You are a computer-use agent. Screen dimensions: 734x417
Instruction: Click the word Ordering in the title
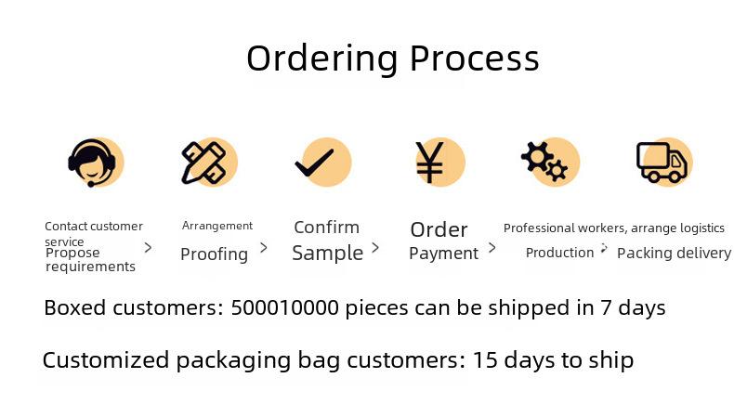pyautogui.click(x=322, y=59)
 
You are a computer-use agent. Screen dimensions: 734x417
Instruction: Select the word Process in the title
pyautogui.click(x=475, y=58)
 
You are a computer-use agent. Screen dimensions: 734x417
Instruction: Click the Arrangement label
pyautogui.click(x=217, y=226)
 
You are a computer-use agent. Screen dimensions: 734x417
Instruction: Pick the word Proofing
pyautogui.click(x=215, y=254)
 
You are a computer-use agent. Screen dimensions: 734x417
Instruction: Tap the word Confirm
pyautogui.click(x=327, y=228)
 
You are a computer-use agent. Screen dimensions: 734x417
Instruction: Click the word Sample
pyautogui.click(x=328, y=254)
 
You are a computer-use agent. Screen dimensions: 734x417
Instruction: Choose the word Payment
pyautogui.click(x=444, y=254)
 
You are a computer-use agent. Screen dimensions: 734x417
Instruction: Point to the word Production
pyautogui.click(x=560, y=253)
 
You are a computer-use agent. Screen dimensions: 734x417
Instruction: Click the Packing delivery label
pyautogui.click(x=675, y=254)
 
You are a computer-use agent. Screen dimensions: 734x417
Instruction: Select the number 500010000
pyautogui.click(x=284, y=308)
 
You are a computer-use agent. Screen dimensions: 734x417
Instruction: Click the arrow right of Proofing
pyautogui.click(x=264, y=248)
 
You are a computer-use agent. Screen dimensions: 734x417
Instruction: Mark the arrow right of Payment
pyautogui.click(x=492, y=248)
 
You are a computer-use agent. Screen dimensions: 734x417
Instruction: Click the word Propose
pyautogui.click(x=72, y=254)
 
